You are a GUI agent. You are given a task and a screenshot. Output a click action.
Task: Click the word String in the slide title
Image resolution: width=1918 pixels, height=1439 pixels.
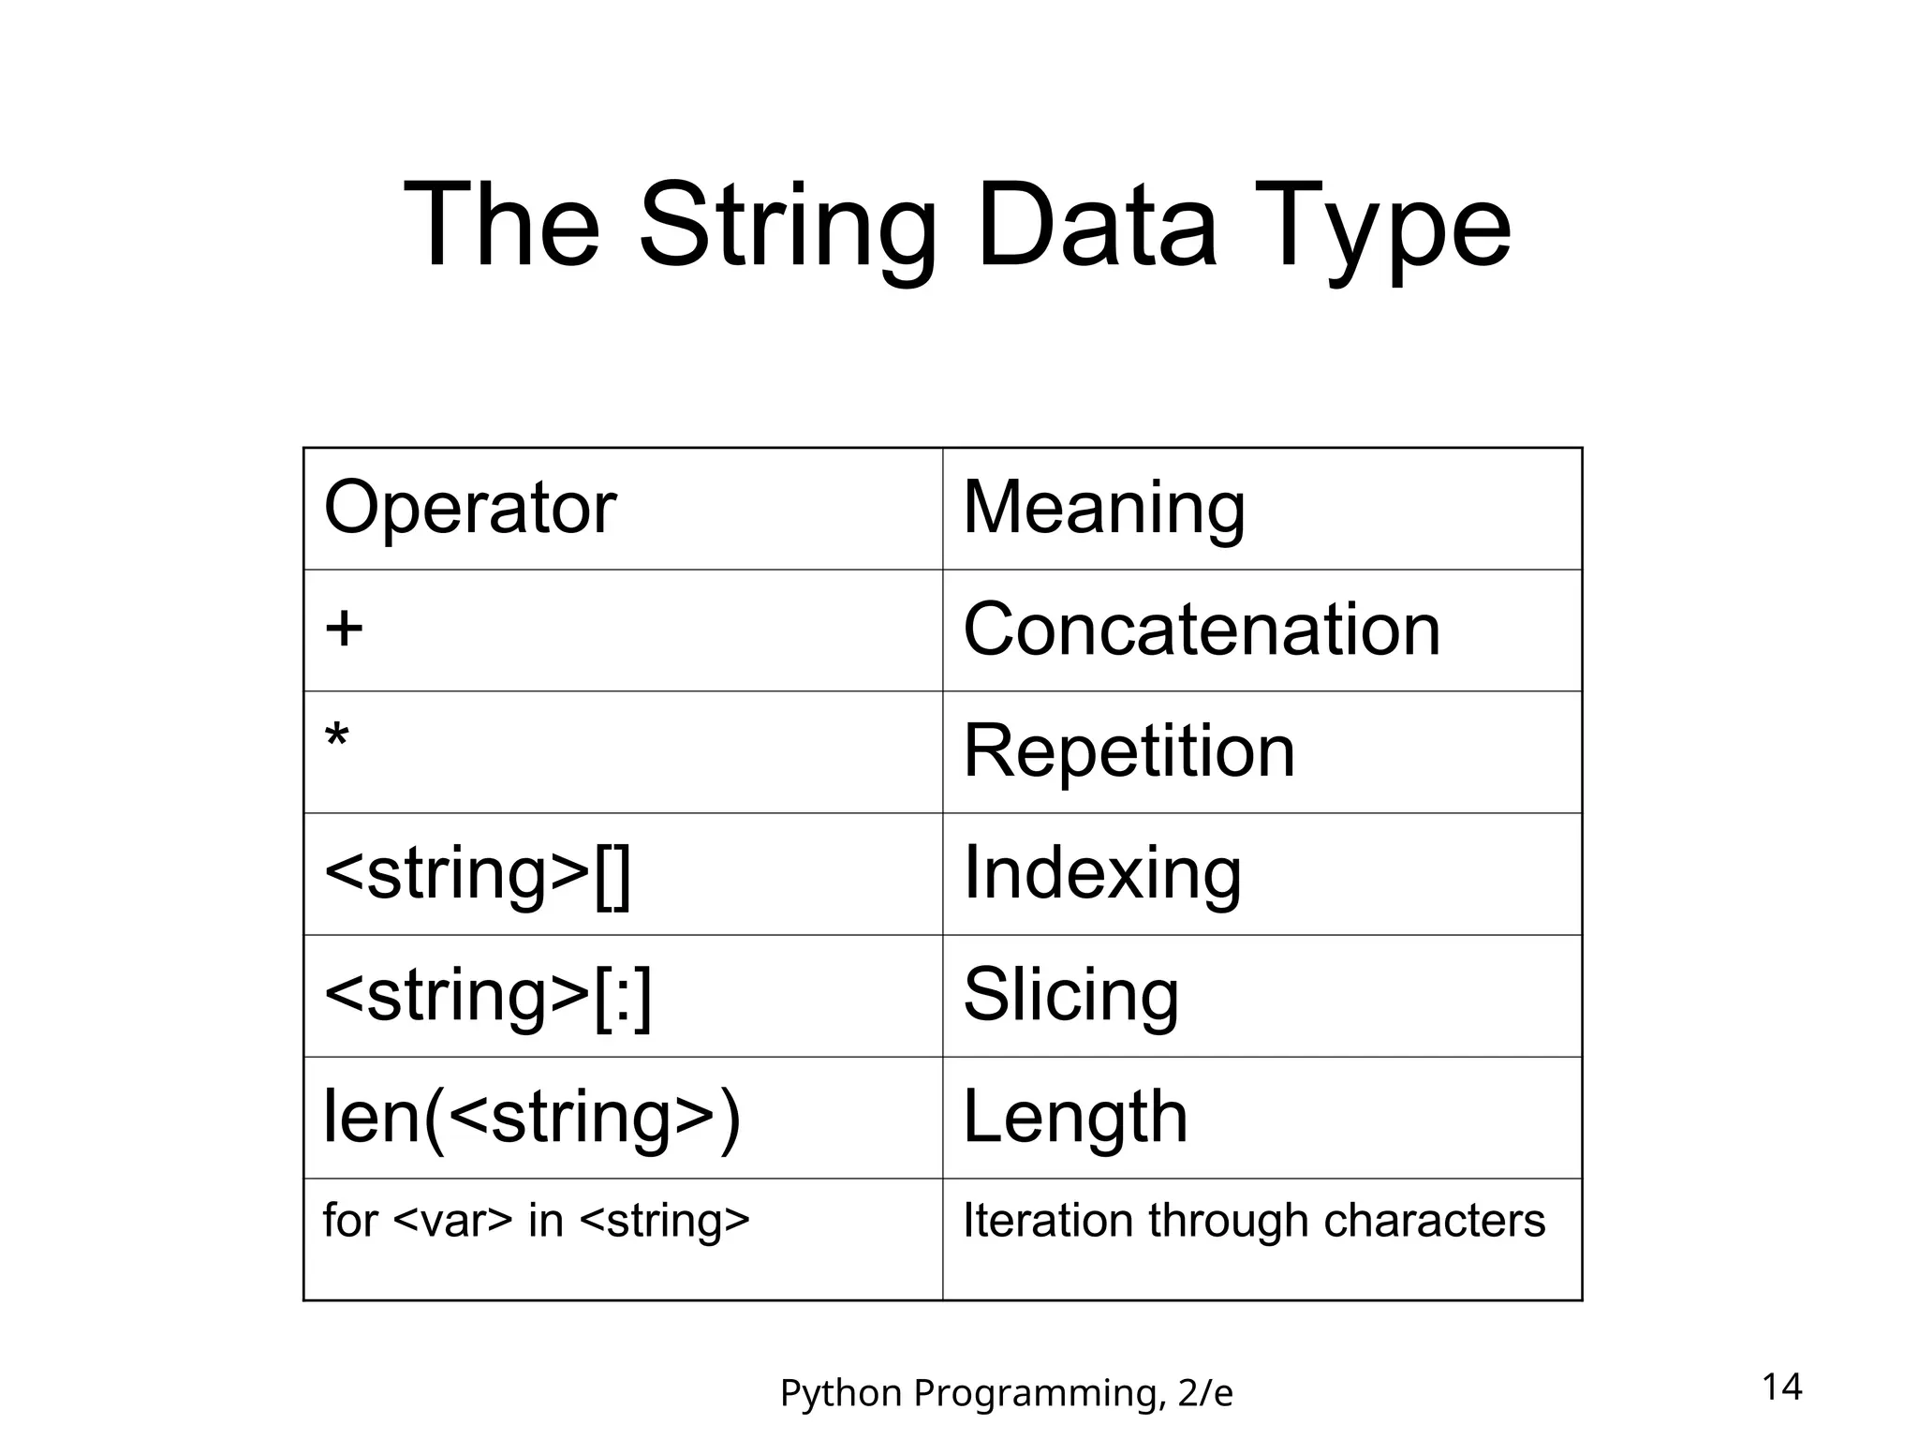point(787,227)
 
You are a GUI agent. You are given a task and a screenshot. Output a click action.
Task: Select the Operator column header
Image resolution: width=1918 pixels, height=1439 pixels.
point(469,508)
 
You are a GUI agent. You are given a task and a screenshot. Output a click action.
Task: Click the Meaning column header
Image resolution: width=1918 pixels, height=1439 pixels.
point(1103,508)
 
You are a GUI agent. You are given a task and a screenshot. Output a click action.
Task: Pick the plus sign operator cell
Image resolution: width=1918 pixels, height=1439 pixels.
point(344,628)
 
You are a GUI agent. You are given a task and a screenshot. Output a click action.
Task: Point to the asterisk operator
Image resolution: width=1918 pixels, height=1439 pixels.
point(336,740)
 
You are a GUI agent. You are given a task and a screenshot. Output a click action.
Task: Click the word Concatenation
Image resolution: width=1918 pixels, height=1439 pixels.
point(1201,630)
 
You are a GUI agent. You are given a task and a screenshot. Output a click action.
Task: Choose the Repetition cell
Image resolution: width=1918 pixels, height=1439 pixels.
point(1129,751)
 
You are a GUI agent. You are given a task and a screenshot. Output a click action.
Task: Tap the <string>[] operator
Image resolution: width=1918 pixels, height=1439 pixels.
point(477,873)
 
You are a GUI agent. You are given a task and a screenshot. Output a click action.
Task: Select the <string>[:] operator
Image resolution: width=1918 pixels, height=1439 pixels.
point(487,995)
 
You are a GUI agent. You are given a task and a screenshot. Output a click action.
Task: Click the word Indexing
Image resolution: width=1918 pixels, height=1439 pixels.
point(1101,873)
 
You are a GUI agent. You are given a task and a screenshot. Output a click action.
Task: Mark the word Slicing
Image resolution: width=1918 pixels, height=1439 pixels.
point(1070,995)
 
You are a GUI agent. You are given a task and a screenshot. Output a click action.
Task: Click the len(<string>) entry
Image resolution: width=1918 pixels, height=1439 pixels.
point(531,1117)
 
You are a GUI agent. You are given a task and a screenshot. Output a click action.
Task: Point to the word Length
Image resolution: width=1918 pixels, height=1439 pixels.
point(1074,1117)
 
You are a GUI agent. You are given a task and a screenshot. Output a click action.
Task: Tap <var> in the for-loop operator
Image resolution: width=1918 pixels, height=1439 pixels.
point(453,1221)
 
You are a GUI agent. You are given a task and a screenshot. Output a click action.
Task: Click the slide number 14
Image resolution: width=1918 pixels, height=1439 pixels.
point(1781,1387)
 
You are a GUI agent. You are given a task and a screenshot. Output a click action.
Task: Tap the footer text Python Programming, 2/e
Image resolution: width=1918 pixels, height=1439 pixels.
point(1006,1393)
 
